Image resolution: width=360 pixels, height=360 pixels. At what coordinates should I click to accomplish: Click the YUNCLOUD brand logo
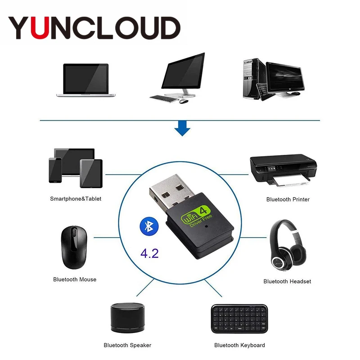[x=94, y=27]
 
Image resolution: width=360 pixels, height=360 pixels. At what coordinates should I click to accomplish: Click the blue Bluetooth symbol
[x=147, y=225]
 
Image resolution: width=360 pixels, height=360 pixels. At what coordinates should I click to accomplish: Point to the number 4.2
[x=149, y=253]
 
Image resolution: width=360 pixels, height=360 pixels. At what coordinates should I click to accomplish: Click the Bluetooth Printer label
[x=288, y=199]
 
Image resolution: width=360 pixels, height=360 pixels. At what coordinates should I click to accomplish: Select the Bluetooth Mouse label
[x=75, y=279]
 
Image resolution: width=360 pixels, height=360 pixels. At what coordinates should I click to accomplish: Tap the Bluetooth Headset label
[x=287, y=281]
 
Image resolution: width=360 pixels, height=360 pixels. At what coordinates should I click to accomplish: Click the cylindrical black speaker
[x=125, y=318]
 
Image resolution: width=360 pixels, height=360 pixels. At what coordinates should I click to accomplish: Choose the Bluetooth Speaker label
[x=127, y=345]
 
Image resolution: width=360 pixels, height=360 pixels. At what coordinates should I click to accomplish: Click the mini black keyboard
[x=238, y=319]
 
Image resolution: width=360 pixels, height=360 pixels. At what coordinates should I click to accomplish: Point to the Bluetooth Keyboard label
[x=239, y=345]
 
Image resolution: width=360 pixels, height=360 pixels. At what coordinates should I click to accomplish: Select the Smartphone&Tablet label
[x=76, y=198]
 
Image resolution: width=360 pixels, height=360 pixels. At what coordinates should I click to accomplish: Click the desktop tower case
[x=253, y=78]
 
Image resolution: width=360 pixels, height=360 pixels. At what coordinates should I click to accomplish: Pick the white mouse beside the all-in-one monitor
[x=183, y=101]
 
